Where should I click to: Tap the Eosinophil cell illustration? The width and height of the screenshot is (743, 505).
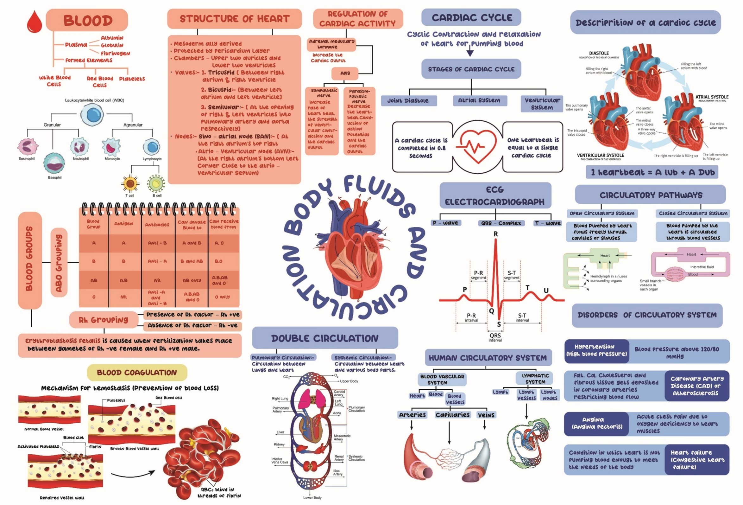pos(27,146)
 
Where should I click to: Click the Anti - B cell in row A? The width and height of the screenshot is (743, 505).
pos(157,243)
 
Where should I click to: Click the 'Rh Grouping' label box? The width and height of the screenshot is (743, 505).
pos(103,320)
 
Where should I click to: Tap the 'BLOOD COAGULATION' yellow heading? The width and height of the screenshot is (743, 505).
pos(137,373)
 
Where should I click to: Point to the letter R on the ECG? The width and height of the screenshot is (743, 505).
pos(495,234)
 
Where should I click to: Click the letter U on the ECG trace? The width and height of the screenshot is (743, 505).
pos(546,290)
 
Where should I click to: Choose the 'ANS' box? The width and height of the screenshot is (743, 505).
pos(345,73)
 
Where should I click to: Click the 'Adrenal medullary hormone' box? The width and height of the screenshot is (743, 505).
pos(331,44)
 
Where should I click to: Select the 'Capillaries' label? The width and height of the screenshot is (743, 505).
pos(452,415)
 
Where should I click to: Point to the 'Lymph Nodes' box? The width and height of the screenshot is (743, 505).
pos(550,395)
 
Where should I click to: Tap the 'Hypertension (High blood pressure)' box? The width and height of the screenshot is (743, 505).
pos(596,350)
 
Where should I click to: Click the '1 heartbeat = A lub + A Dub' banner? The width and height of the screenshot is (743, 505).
pos(652,172)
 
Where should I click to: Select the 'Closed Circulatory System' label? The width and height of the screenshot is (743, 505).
pos(693,213)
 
